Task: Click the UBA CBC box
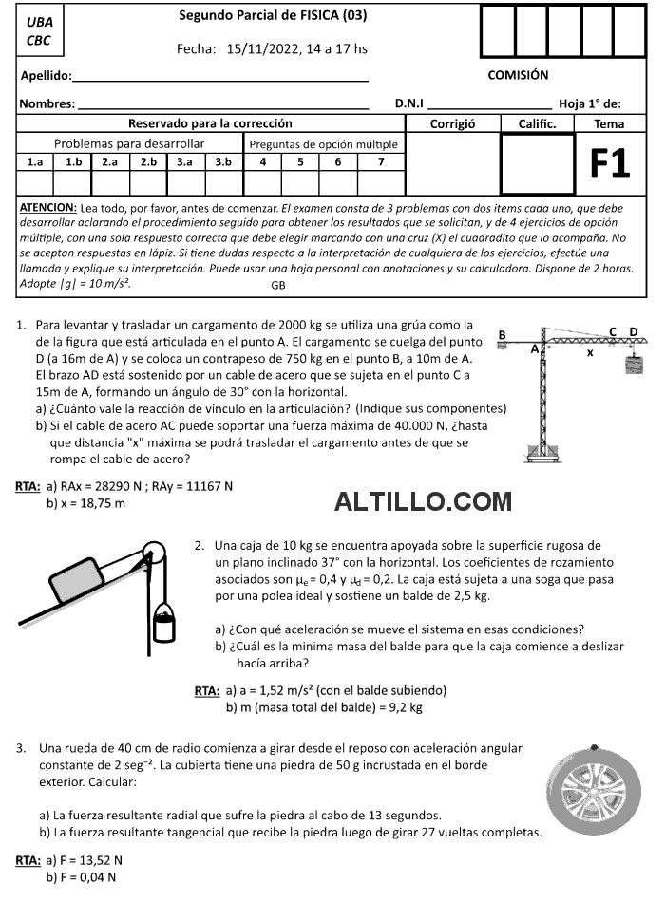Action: tap(40, 31)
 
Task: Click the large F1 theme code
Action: tap(609, 163)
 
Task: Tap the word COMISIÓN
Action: tap(518, 75)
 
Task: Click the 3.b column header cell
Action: tap(223, 161)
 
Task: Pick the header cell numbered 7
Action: tap(381, 161)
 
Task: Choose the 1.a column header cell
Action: tap(36, 161)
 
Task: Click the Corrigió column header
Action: tap(451, 123)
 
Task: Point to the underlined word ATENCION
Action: tap(48, 207)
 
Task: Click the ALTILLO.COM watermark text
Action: tap(423, 500)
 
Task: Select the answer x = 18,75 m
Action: tap(85, 502)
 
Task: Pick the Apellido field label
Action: tap(47, 76)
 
